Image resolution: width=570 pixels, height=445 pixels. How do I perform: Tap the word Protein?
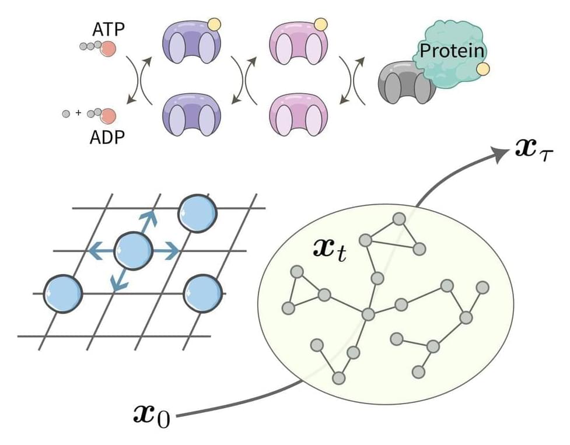coord(452,51)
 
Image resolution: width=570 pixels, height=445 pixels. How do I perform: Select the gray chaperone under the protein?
coord(403,83)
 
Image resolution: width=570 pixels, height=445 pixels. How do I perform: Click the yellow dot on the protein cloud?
coord(482,69)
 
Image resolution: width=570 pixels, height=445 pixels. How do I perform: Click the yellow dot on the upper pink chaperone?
coord(320,24)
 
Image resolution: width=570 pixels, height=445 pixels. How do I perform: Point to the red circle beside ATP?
coord(107,48)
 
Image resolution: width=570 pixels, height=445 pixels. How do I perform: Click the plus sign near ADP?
coord(78,113)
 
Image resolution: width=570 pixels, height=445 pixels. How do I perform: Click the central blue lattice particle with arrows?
coord(133,250)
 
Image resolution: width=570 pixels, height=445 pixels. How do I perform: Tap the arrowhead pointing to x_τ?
coord(501,153)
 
